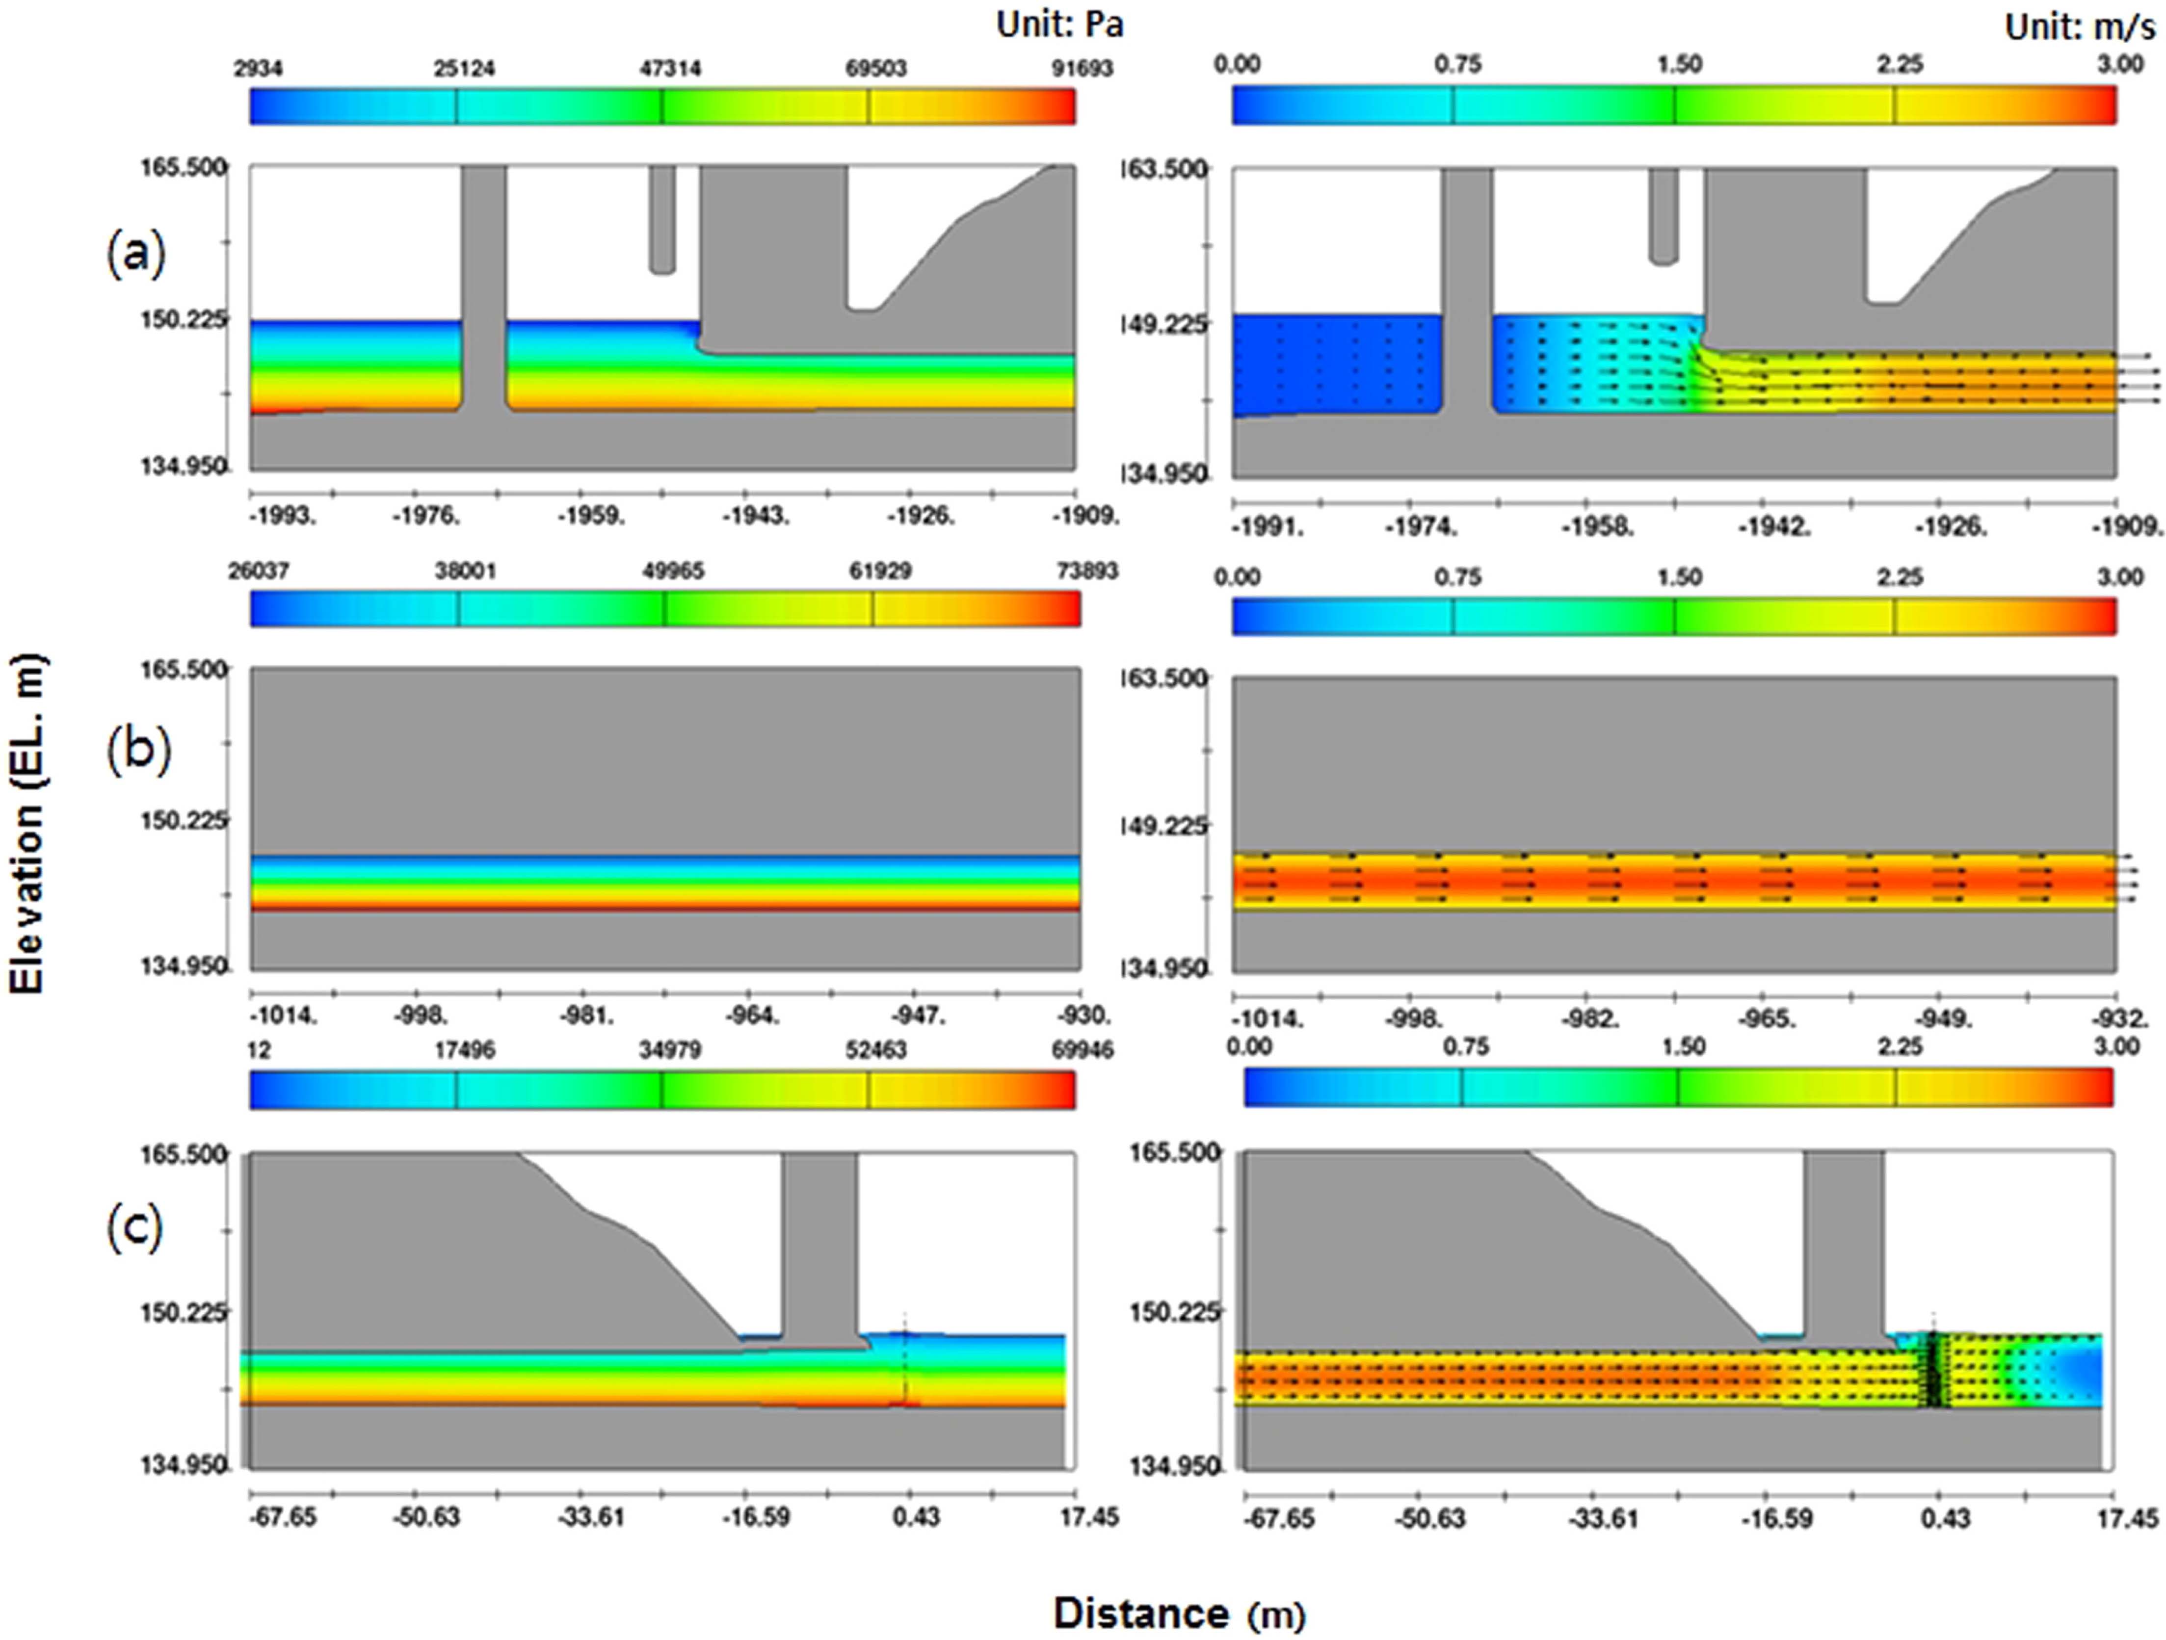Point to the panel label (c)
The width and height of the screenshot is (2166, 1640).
134,1228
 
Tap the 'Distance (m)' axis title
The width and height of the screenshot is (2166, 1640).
1179,1613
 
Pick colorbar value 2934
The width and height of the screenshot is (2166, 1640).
258,69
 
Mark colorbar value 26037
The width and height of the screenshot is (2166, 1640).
259,571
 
